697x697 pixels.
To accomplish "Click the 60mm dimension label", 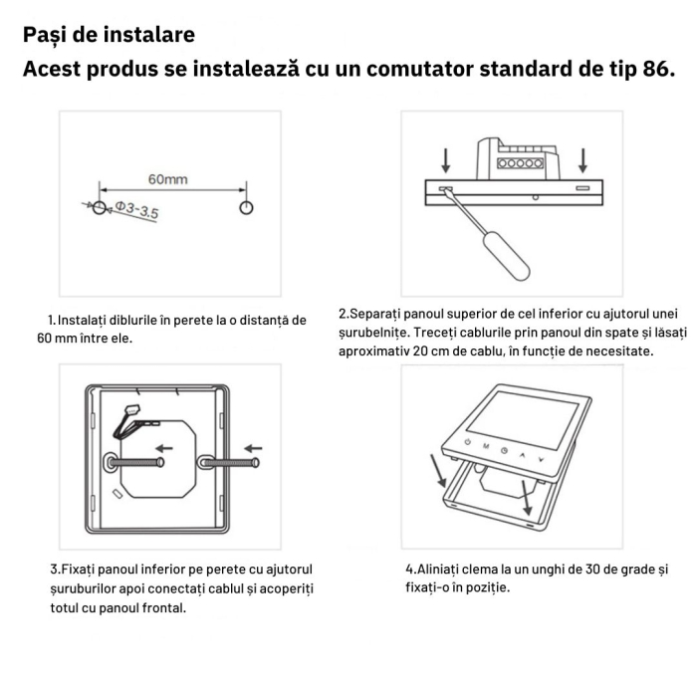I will pyautogui.click(x=168, y=179).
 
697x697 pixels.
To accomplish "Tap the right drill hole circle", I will pyautogui.click(x=246, y=206).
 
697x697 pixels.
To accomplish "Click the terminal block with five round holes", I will pyautogui.click(x=520, y=162).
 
